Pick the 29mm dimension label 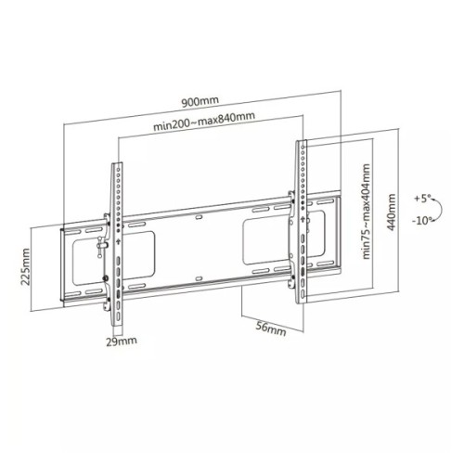(120, 342)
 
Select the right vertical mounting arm (302, 223)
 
